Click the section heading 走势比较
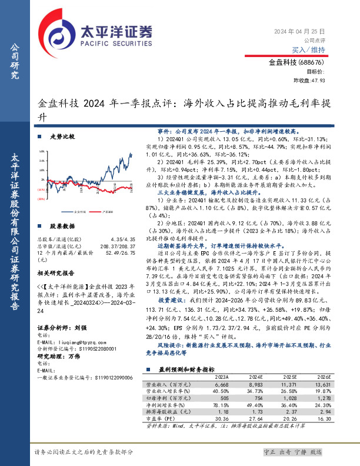click(x=63, y=137)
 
